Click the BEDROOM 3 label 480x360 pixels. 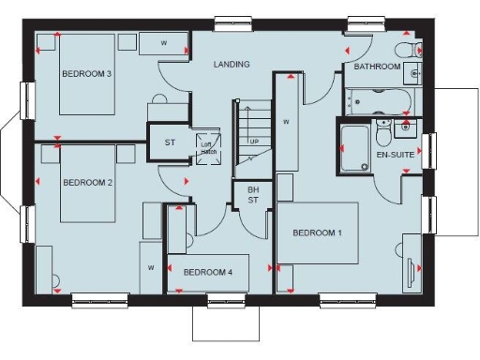point(87,74)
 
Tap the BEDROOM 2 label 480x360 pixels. point(87,184)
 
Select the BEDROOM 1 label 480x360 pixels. point(318,232)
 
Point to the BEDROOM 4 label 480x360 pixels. point(208,272)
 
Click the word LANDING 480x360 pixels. point(232,65)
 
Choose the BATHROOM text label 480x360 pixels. point(377,67)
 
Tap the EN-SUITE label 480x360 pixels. point(394,152)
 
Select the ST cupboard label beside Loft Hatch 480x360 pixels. point(170,142)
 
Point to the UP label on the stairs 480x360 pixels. point(253,142)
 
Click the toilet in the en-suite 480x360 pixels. point(383,127)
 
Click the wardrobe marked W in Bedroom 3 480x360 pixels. point(164,43)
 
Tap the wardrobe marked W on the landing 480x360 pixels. point(286,122)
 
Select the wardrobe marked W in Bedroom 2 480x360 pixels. point(150,265)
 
